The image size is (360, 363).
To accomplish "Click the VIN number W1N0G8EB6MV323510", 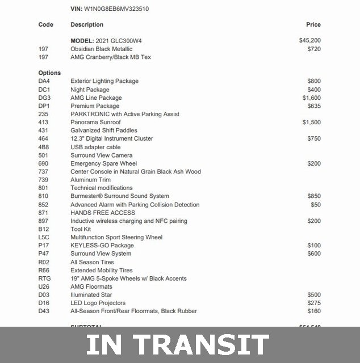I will tap(117, 9).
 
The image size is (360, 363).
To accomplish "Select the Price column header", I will tap(313, 24).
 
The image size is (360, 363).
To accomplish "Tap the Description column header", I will tap(87, 24).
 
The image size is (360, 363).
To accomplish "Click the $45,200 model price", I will tap(310, 41).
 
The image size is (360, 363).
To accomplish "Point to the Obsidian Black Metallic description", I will tap(101, 49).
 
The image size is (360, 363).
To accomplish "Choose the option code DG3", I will tap(44, 98).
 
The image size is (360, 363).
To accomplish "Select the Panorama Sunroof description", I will tap(95, 122).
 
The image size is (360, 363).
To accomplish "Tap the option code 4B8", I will tap(43, 147).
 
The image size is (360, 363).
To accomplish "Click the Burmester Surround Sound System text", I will tap(120, 196).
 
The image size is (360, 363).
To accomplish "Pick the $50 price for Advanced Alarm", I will tap(316, 204).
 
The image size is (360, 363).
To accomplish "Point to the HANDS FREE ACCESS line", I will tap(103, 213).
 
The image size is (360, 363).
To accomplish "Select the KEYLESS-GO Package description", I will tap(102, 246).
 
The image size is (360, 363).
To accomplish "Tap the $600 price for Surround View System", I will tap(314, 254).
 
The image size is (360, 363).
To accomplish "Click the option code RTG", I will tap(45, 278).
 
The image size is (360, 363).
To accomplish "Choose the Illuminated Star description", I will tap(91, 295).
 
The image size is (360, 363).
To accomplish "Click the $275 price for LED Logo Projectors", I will tap(314, 303).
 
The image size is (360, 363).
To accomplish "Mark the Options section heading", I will tap(49, 73).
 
